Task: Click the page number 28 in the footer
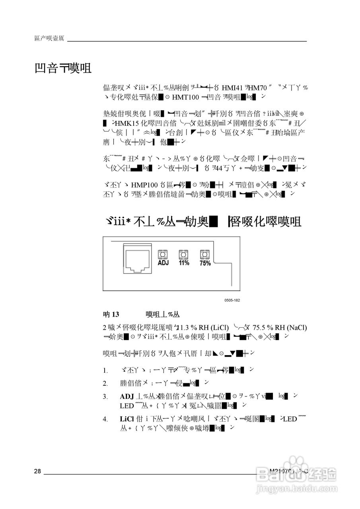point(37,472)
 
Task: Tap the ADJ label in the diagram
point(163,263)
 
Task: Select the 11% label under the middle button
point(183,263)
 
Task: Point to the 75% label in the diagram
point(205,263)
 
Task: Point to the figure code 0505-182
point(232,300)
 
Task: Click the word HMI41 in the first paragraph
point(232,87)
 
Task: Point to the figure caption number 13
point(115,315)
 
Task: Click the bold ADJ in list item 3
point(126,396)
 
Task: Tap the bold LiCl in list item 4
point(127,419)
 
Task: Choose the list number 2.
point(105,383)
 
